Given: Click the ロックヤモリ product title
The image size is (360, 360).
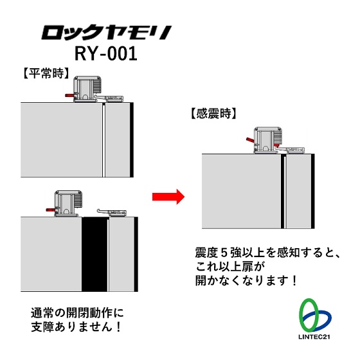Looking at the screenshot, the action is coord(106,33).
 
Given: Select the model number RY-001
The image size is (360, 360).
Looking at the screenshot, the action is coord(106,54).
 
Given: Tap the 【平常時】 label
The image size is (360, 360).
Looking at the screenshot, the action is coord(46,73).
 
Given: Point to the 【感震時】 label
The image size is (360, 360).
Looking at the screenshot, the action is coord(213,113).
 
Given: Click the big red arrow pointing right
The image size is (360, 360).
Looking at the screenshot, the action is coord(168,197).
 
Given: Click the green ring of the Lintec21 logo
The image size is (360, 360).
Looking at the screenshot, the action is coord(309,314).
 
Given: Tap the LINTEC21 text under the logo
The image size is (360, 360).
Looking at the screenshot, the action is coord(314,337).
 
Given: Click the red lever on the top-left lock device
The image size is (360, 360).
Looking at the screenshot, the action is coord(69,95).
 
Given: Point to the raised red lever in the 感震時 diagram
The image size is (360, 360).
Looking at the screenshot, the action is coord(249,140).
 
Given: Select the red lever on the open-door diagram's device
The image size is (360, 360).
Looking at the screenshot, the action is coord(50,210).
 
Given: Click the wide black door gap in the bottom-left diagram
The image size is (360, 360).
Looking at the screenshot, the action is coord(94,254).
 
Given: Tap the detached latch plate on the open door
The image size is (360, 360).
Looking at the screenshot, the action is coord(112,213).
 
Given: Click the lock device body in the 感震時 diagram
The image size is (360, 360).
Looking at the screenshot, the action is coord(267,140).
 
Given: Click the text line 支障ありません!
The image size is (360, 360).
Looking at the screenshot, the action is coord(76,327).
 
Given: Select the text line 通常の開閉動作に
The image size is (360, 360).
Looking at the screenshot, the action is coord(77,313).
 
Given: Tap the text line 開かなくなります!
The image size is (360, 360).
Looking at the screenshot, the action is coord(246,280).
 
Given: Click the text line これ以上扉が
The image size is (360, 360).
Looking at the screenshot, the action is coord(230,267).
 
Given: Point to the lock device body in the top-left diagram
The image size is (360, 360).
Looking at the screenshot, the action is coord(87,89).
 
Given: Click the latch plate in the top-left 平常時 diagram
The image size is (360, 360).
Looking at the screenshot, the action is coord(109,99).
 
